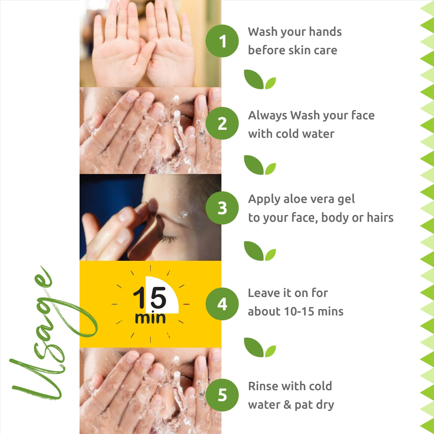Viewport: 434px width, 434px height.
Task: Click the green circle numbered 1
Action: (x=222, y=41)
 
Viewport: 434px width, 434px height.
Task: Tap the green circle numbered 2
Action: (x=222, y=123)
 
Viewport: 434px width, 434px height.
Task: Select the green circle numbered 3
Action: (x=222, y=208)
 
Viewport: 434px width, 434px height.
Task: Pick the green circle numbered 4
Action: (x=222, y=304)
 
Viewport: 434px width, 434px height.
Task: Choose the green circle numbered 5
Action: (x=222, y=395)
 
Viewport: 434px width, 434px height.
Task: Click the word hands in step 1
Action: (x=325, y=32)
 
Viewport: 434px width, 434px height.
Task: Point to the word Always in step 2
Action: (x=267, y=116)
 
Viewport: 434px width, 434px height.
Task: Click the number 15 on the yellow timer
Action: (x=149, y=297)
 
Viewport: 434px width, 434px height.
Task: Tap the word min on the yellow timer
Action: (x=150, y=318)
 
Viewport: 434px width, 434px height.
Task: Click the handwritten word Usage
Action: (x=53, y=332)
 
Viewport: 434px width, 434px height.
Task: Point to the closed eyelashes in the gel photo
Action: (x=168, y=239)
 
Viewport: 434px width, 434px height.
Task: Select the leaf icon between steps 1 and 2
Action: (x=260, y=80)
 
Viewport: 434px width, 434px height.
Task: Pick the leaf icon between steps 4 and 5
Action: (x=260, y=347)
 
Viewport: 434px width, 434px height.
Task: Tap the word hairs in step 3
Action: (x=380, y=217)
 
